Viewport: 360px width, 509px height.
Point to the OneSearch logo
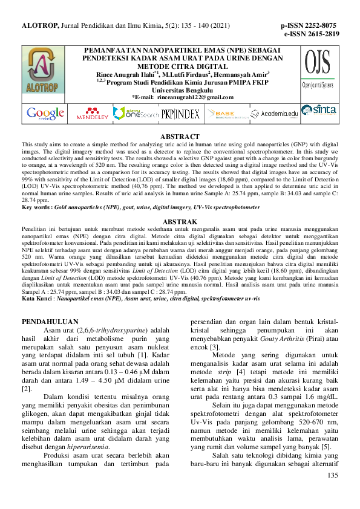pyautogui.click(x=136, y=113)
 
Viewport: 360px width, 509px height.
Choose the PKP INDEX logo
pyautogui.click(x=180, y=113)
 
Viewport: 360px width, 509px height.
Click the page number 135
pyautogui.click(x=332, y=493)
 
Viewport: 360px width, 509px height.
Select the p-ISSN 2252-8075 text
pyautogui.click(x=309, y=26)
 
